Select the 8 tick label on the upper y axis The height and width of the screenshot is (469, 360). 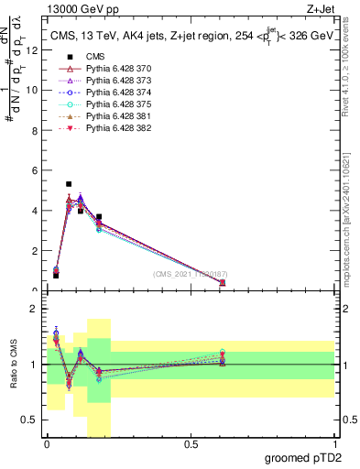click(34, 131)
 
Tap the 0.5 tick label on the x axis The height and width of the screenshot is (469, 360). click(191, 444)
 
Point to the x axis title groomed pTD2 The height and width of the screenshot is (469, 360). click(303, 458)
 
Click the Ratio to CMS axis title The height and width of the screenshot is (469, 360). click(16, 365)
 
